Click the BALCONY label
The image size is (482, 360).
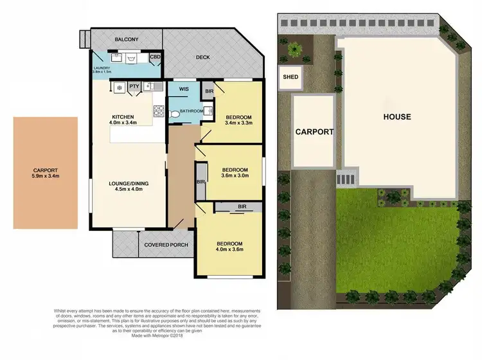[127, 40]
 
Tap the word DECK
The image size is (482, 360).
[204, 57]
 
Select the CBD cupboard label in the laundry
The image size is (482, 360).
[155, 57]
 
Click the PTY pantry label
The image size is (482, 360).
[134, 86]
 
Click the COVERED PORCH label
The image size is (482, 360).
[166, 245]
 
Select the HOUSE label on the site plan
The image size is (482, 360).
[397, 117]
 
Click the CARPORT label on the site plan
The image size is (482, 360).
[314, 132]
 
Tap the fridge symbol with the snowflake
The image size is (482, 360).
[119, 87]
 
